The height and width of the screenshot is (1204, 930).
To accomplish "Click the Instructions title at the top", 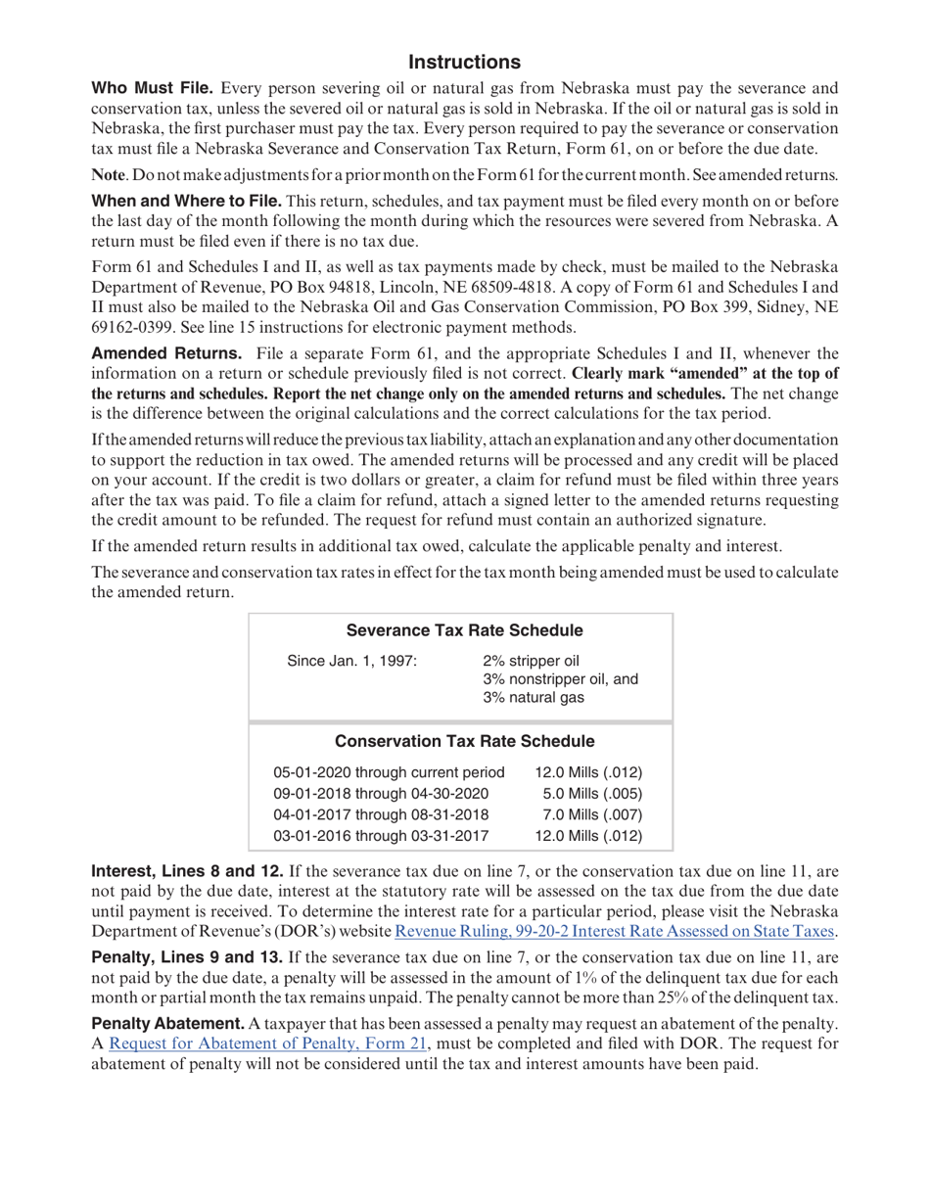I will coord(464,63).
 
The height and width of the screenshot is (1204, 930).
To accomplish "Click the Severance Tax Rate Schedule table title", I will coord(465,629).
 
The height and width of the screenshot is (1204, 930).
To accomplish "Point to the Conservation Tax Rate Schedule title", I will coord(465,740).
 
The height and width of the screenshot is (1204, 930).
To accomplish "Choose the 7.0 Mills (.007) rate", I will coord(589,814).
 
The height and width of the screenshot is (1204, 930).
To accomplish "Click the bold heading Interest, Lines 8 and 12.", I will coord(187,869).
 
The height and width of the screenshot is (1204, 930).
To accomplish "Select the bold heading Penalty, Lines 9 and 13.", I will coord(187,964).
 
